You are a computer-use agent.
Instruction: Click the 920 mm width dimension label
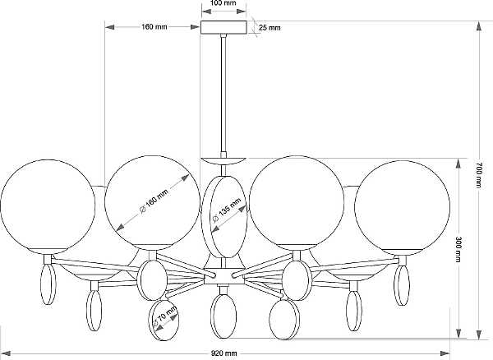223,353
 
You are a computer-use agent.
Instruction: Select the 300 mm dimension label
458,249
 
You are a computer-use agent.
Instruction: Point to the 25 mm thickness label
270,28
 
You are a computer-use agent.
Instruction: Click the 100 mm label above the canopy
223,3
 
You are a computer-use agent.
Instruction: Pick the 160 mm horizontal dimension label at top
154,27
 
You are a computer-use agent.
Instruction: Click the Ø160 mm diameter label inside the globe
154,201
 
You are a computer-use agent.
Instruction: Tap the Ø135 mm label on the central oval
227,210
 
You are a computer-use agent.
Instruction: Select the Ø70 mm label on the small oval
165,316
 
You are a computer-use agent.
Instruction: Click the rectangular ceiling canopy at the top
223,27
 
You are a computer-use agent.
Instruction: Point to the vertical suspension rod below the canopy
223,95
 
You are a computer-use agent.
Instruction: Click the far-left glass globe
48,207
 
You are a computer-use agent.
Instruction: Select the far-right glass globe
402,207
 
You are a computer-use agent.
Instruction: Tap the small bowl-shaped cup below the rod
223,160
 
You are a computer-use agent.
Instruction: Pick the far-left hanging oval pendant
48,284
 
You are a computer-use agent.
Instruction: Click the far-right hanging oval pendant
402,285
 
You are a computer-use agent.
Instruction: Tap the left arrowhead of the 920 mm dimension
7,353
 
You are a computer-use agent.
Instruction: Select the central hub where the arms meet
223,276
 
